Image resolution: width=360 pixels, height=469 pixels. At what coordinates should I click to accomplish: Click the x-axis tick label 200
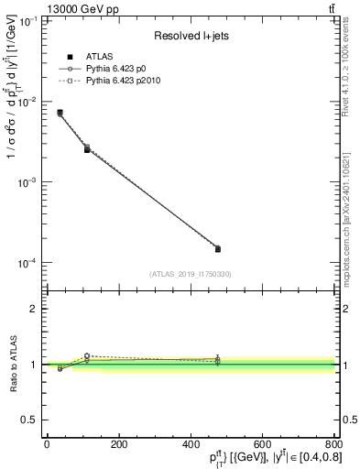[x=118, y=445]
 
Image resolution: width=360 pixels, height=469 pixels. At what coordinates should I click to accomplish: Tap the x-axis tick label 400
[x=190, y=445]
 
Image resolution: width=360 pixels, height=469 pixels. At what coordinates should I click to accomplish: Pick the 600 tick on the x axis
[x=262, y=445]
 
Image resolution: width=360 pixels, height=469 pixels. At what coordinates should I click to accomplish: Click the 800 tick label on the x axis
[x=332, y=445]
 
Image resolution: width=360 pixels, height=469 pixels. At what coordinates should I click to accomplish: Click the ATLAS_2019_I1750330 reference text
[x=190, y=273]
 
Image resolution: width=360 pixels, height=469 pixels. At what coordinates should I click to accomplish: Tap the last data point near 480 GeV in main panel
[x=217, y=248]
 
